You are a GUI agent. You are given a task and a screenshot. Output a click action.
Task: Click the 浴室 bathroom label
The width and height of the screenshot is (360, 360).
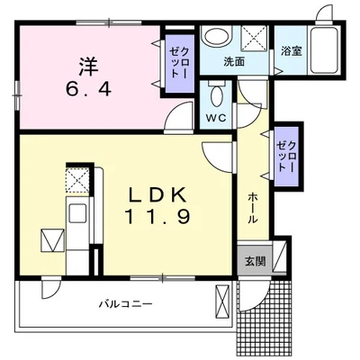pos(292,51)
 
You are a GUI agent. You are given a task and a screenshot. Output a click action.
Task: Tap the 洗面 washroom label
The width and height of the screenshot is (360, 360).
pos(234,62)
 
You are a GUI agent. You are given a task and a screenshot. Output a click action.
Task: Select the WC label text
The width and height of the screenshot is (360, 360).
pos(216,118)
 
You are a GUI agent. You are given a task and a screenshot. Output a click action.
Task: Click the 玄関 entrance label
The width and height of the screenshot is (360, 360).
pos(256,262)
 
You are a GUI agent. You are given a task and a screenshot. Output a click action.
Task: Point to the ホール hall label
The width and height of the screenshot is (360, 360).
pos(253,208)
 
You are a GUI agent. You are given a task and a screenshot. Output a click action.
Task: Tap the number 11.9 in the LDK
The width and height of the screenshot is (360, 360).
pos(157,217)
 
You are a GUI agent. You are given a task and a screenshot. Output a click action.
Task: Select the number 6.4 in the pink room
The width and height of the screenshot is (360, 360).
pos(89,88)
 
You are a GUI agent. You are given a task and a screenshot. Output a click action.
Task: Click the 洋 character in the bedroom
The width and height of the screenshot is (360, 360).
pos(89,67)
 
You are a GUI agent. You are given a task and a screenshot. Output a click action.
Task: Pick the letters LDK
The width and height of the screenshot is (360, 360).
pos(157,194)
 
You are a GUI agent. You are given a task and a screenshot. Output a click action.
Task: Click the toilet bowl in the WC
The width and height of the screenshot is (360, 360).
pos(217,95)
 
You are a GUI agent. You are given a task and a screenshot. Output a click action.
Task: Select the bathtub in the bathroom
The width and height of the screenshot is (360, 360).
pos(324,50)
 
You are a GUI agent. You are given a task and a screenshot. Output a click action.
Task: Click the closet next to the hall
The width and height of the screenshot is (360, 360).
pos(286,156)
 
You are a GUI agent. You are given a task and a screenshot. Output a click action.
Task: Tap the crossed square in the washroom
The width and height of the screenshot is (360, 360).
pos(254,38)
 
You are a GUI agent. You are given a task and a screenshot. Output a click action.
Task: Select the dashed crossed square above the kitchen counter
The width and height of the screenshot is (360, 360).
pos(77,181)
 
